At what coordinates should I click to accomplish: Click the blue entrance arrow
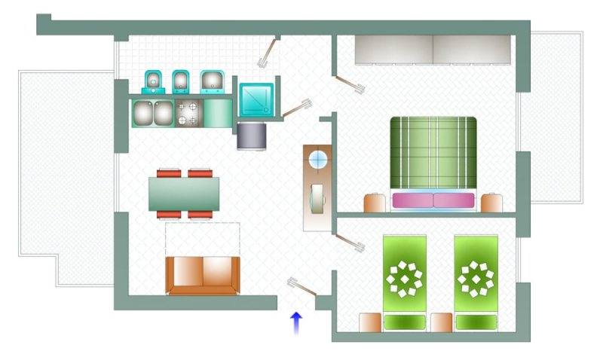(296, 322)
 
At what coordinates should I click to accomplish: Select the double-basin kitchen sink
(154, 113)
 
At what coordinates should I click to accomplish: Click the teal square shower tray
(257, 99)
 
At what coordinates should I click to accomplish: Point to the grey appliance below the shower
(252, 136)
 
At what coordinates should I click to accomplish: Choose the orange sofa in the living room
(203, 275)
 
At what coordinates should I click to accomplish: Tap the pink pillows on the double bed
(433, 200)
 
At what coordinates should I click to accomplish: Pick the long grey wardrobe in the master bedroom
(433, 50)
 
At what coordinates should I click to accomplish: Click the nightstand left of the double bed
(375, 203)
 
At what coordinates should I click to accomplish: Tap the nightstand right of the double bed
(492, 203)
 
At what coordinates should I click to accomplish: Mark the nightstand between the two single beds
(442, 322)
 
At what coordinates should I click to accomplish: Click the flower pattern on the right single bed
(476, 277)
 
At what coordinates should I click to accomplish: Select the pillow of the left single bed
(404, 322)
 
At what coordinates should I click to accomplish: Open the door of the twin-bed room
(350, 243)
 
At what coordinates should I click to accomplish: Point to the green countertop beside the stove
(219, 114)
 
